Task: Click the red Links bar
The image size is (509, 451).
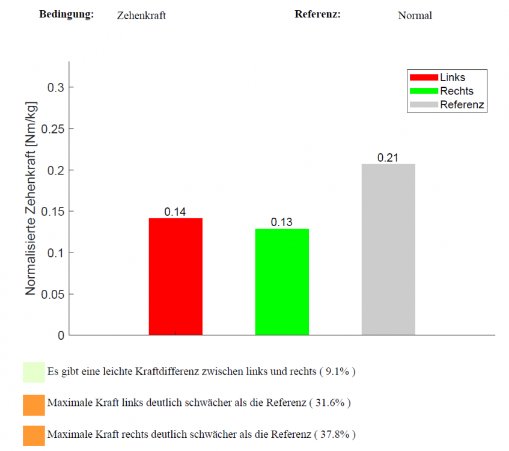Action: (x=175, y=276)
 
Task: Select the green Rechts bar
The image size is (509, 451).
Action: (x=282, y=281)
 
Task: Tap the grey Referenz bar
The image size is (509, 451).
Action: (x=388, y=249)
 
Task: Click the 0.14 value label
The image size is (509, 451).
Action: (x=175, y=212)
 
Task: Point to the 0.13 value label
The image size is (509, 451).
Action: (x=281, y=222)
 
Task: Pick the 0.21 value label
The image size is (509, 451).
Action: (x=388, y=158)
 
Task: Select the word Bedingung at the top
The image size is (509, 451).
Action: (x=66, y=14)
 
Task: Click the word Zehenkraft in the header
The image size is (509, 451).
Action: (x=141, y=16)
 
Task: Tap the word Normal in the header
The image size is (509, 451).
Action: (x=415, y=16)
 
